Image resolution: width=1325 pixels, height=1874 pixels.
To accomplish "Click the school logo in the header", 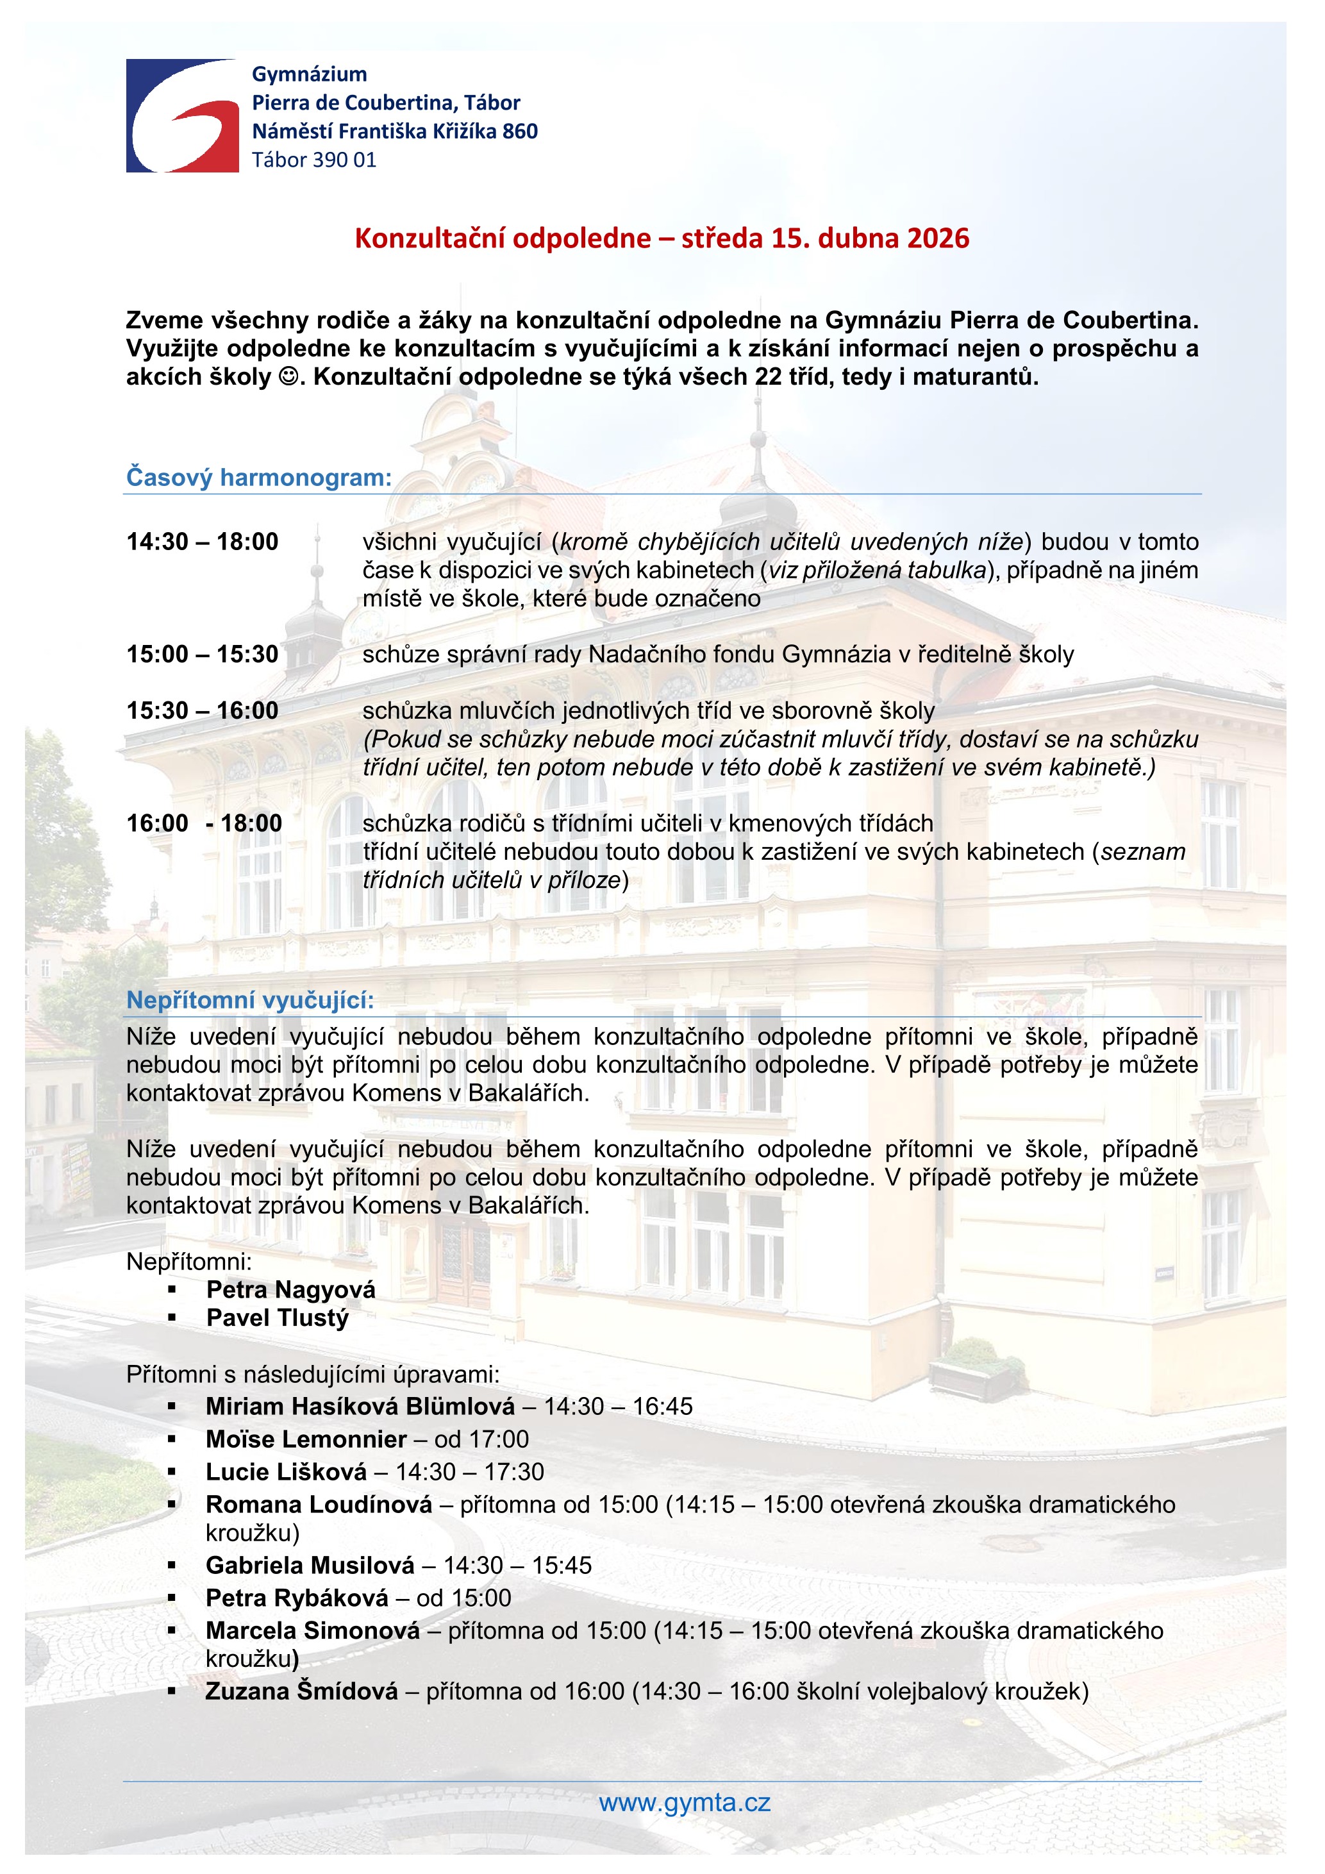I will (x=182, y=115).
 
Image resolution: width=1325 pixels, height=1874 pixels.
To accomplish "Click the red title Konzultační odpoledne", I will (x=662, y=238).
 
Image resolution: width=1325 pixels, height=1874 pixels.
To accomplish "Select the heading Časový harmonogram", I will (x=258, y=478).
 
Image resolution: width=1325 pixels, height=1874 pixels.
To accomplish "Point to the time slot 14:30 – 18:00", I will (x=203, y=542).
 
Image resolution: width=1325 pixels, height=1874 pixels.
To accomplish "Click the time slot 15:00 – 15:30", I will (x=203, y=655).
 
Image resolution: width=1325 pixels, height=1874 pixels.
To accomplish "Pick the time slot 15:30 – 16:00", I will (x=203, y=711).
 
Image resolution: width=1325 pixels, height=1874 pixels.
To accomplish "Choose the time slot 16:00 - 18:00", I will (x=204, y=824).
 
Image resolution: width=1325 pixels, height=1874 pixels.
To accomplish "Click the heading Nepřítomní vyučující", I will (x=249, y=1000).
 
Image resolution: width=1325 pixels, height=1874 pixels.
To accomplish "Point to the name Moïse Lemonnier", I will (x=306, y=1439).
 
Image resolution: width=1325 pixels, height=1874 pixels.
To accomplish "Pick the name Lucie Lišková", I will (x=285, y=1471).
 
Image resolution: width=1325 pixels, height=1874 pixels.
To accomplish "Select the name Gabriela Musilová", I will (x=310, y=1565).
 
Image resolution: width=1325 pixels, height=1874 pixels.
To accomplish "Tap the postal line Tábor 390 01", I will (x=314, y=160).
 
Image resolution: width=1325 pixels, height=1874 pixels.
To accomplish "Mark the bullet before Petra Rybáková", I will (x=172, y=1598).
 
